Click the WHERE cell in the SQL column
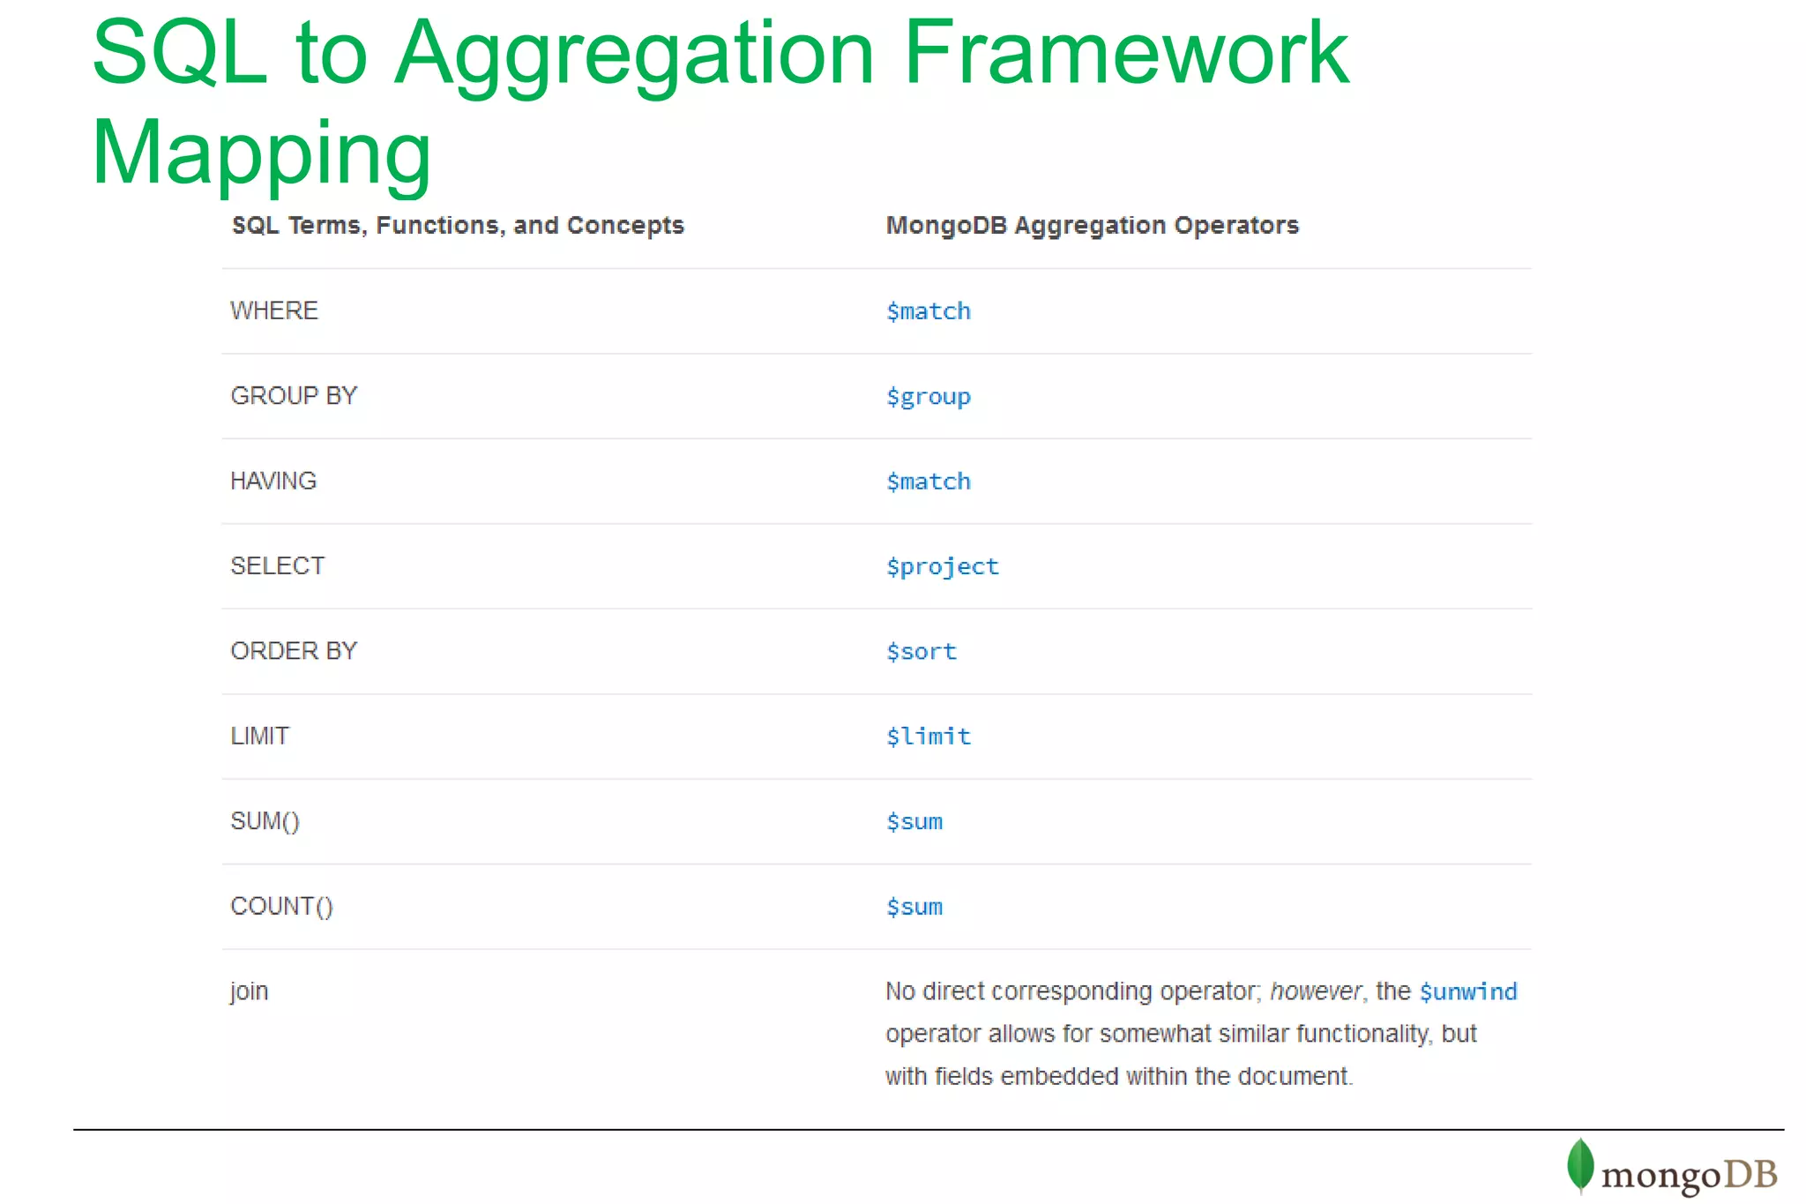(x=274, y=310)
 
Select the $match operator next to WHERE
(x=928, y=311)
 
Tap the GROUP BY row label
(x=294, y=396)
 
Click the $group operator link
(x=928, y=397)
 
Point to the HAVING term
(x=273, y=481)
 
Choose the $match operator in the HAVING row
(x=928, y=482)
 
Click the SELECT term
(x=277, y=566)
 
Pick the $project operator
(x=942, y=567)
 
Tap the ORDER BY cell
(x=294, y=651)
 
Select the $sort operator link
(x=921, y=652)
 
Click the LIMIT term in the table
(x=259, y=737)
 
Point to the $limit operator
(x=928, y=737)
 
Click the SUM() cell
(x=265, y=821)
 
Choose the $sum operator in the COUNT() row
(x=914, y=907)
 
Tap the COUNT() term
(x=281, y=907)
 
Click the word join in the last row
(x=249, y=991)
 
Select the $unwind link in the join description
(x=1467, y=992)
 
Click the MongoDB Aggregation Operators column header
(x=1092, y=226)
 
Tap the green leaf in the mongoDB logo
(x=1580, y=1165)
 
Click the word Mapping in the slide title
(x=261, y=153)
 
